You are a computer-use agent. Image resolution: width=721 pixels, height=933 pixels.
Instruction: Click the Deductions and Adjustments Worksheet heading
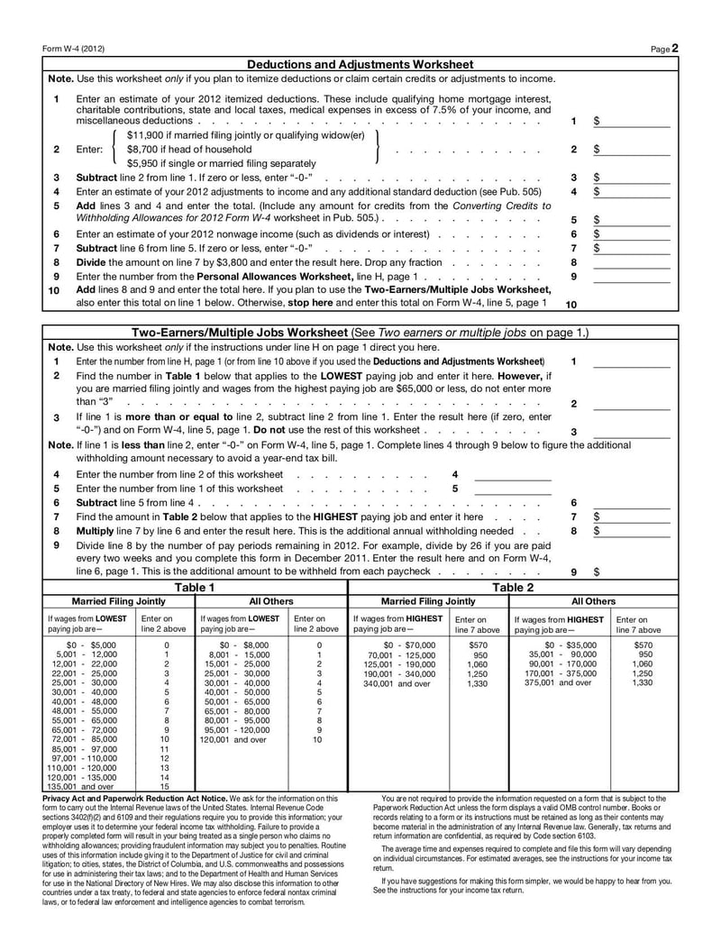coord(360,65)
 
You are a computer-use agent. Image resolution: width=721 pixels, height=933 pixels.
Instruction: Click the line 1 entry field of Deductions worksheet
coord(635,121)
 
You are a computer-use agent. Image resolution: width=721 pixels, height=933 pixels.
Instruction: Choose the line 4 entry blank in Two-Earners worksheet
coord(512,474)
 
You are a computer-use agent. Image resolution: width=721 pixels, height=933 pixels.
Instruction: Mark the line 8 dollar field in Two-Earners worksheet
coord(635,531)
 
